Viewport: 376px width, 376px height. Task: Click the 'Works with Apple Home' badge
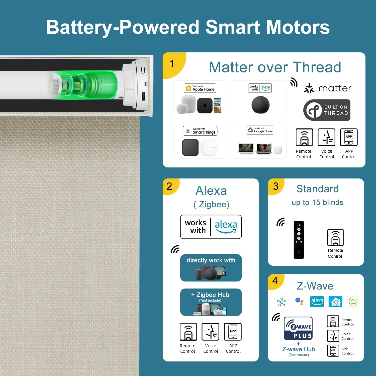pos(200,88)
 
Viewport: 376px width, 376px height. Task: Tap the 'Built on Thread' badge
pos(327,110)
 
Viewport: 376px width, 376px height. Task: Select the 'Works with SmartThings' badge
pos(200,131)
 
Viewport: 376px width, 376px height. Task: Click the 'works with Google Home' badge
pos(260,130)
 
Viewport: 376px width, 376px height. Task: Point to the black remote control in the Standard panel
pos(299,240)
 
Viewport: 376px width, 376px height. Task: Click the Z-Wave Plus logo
pos(298,328)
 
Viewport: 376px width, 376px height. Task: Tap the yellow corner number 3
pos(276,186)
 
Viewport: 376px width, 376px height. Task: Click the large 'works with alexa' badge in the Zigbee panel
pos(211,227)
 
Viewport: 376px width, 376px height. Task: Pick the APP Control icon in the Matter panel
pos(349,137)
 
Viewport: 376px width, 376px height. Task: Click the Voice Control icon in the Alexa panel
pos(211,332)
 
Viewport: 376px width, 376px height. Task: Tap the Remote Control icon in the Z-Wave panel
pos(333,321)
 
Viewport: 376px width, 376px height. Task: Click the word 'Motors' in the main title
pos(298,27)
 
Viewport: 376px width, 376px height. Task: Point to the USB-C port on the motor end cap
pos(143,96)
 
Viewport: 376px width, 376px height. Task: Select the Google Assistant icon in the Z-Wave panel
pos(299,302)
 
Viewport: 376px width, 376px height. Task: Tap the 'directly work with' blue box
pos(211,268)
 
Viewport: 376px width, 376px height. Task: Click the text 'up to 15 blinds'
pos(318,203)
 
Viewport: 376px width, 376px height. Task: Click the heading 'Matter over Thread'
pos(275,67)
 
